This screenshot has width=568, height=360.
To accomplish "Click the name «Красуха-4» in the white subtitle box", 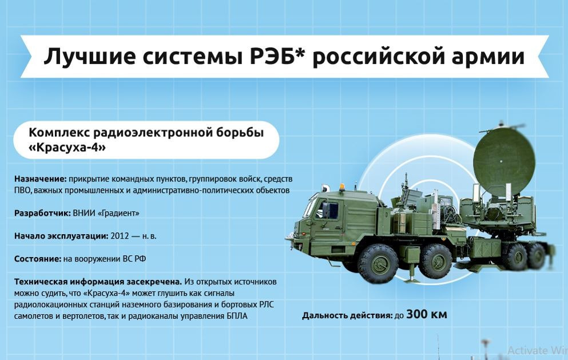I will point(67,148).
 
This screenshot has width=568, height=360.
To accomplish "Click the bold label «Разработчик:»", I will point(42,213).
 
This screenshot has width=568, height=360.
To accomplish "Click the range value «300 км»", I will point(426,314).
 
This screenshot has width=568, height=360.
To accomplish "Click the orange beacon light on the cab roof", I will point(343,187).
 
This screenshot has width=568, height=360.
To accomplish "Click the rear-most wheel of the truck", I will point(538,256).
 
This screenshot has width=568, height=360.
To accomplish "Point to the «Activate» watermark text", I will point(528,350).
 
